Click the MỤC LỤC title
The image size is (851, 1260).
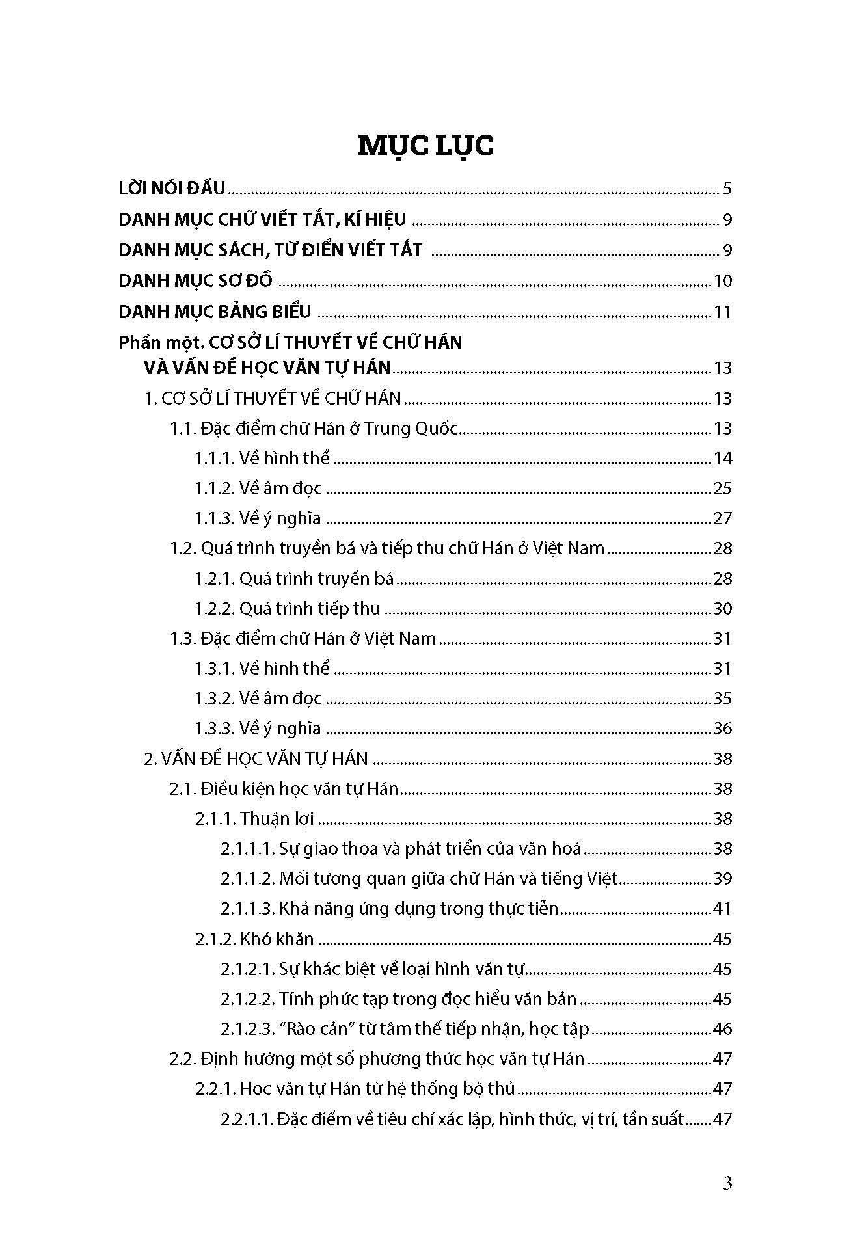pos(425,145)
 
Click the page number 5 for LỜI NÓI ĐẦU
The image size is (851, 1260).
pos(727,189)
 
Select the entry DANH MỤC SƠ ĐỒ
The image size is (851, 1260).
pos(195,281)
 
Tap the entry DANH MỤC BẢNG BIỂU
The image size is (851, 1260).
pos(215,312)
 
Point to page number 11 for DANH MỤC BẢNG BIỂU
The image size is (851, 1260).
pos(722,313)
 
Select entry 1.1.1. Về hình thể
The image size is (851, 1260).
pos(262,459)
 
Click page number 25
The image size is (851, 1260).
pos(722,489)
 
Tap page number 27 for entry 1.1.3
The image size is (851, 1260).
pos(722,518)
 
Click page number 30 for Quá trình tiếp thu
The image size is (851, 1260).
pos(722,609)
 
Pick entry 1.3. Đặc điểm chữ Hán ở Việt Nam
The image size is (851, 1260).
pos(303,639)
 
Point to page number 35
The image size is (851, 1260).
pos(722,699)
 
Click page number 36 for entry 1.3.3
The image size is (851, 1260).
pos(722,729)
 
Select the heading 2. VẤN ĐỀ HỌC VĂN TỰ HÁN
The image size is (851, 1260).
pos(256,758)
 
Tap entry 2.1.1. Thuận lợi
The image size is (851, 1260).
pos(254,819)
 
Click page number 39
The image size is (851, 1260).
pos(722,879)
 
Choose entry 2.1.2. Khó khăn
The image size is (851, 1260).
pos(254,939)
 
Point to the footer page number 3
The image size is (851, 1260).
pos(727,1183)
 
